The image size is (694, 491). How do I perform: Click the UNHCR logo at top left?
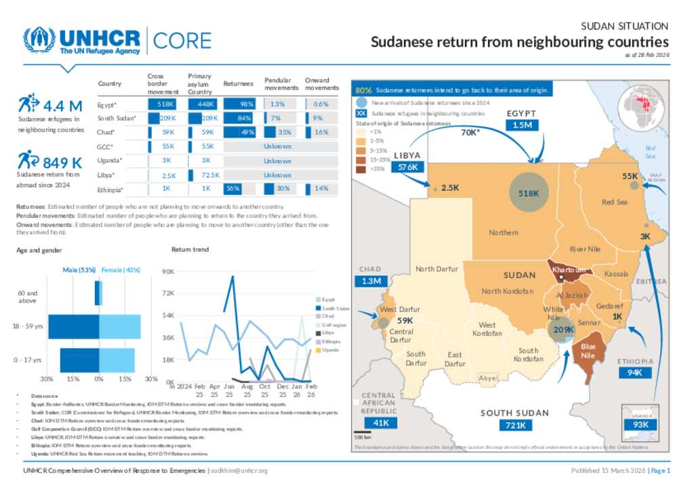click(81, 41)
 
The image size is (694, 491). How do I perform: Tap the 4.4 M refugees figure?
click(62, 106)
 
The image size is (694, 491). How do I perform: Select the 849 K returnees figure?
click(62, 162)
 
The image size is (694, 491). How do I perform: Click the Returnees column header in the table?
click(238, 83)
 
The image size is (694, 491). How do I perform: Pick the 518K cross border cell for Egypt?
click(166, 104)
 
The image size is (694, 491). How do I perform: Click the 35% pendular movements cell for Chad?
click(285, 132)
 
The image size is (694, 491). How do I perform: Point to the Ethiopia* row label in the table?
click(114, 189)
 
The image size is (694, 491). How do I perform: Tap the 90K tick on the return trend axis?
click(165, 272)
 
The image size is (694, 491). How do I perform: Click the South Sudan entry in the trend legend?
click(331, 308)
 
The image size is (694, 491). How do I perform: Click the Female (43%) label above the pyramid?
click(121, 270)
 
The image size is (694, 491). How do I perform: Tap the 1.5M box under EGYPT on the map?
click(522, 125)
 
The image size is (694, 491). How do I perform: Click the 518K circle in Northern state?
click(529, 193)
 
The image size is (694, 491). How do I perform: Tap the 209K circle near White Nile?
click(563, 330)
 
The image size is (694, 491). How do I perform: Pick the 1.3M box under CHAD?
click(371, 281)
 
